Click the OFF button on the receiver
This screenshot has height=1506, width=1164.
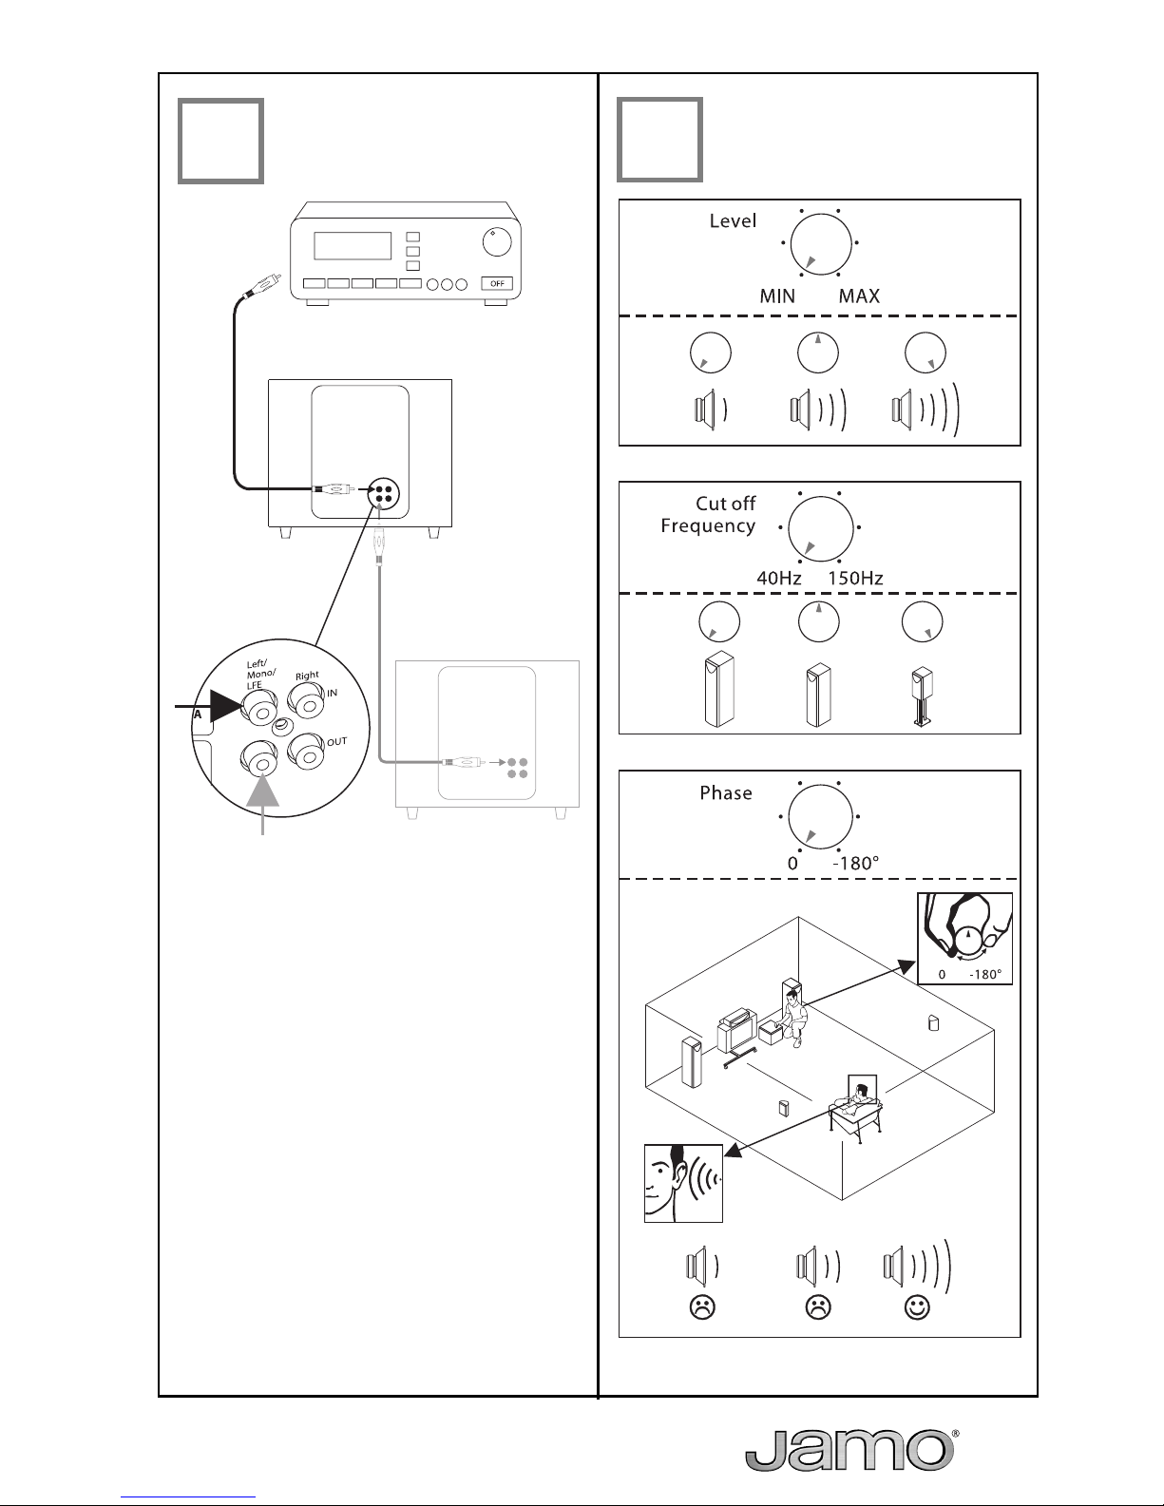point(498,283)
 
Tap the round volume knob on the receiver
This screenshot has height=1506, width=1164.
point(497,241)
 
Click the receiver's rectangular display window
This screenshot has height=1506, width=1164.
point(353,246)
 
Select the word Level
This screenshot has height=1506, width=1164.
point(733,221)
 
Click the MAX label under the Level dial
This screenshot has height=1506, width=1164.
point(859,295)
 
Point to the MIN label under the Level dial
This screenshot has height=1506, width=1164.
point(777,295)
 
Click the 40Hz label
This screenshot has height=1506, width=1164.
point(779,578)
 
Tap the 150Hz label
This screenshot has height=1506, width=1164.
point(856,578)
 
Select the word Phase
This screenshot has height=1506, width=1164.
point(725,792)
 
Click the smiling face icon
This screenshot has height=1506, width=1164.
point(917,1307)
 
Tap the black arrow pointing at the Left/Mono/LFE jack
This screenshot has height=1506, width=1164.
point(208,707)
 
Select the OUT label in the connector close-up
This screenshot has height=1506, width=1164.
point(336,742)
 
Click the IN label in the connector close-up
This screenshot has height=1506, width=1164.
point(332,693)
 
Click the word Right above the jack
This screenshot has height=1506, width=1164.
point(307,676)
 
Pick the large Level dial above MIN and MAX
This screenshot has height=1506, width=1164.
point(820,244)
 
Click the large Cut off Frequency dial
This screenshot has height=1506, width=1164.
point(820,527)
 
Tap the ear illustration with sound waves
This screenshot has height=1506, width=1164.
point(683,1183)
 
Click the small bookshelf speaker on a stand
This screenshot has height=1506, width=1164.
point(923,696)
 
